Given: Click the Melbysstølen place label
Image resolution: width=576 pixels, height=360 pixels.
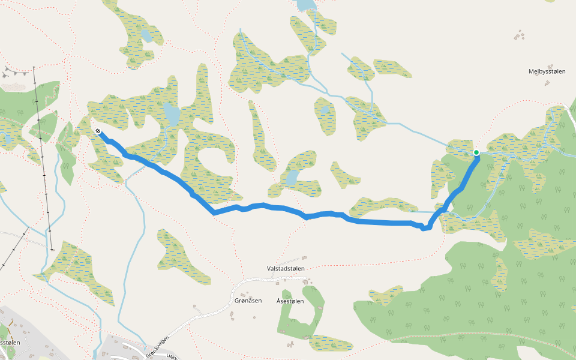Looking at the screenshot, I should tap(547, 71).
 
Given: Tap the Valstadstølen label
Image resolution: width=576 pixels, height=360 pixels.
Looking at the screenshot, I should tap(286, 268).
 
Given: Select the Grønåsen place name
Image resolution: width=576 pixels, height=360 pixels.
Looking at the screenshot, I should tap(248, 301).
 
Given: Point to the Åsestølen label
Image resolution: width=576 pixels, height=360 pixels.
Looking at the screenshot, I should tap(290, 301).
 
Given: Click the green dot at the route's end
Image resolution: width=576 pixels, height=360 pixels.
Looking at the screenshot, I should tap(476, 153).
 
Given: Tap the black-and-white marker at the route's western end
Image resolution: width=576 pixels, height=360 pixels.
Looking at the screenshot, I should tap(97, 131).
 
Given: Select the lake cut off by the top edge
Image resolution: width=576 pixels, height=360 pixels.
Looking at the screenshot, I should tap(306, 5).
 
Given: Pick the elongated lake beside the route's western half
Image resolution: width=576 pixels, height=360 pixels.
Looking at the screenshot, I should tap(171, 114).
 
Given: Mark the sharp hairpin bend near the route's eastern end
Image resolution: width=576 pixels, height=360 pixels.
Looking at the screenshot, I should tap(425, 227).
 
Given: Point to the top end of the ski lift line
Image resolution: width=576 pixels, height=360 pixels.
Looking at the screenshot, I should tap(34, 67).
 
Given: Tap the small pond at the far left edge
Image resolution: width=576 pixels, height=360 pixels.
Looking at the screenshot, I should tap(7, 139).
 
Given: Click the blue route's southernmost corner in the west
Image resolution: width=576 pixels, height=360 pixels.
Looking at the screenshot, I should tap(214, 212).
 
